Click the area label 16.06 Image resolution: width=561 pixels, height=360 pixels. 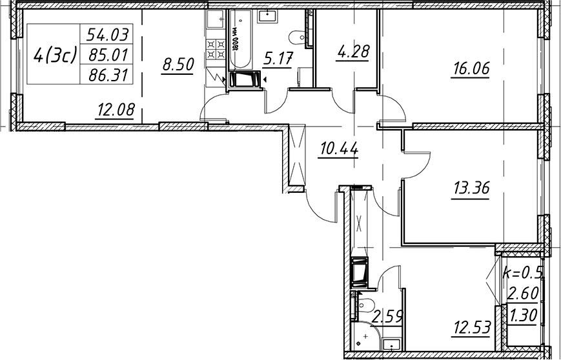(470, 68)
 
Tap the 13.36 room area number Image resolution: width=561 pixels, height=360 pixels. (471, 187)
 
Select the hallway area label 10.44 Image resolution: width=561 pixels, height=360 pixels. (339, 149)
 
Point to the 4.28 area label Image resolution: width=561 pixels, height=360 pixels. (352, 52)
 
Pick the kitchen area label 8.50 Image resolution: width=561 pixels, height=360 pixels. (178, 65)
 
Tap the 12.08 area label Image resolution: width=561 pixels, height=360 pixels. (115, 110)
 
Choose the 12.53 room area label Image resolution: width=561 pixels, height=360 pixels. (471, 327)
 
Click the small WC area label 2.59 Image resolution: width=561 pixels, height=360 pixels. (388, 316)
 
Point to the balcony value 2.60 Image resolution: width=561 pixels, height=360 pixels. (524, 294)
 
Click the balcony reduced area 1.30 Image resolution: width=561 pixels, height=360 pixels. (524, 315)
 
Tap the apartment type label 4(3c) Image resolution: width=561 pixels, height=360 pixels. (55, 55)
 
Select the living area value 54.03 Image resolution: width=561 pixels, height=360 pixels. (108, 35)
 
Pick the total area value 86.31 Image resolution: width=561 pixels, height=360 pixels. (108, 75)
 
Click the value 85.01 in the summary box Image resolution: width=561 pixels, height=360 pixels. (108, 55)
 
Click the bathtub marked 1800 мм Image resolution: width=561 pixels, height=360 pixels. (240, 40)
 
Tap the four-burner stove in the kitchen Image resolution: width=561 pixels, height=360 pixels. (216, 49)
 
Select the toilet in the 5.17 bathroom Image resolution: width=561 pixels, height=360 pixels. (298, 37)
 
